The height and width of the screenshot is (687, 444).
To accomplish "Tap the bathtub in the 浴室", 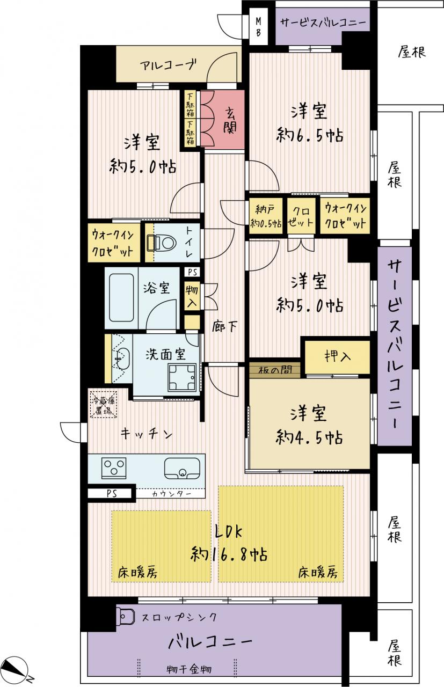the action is pos(121,298).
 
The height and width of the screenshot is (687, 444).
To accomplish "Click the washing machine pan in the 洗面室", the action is pos(182,377).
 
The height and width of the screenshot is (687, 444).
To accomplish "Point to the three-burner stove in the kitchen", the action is pos(114,468).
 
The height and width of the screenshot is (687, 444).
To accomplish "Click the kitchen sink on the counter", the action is pos(182,469).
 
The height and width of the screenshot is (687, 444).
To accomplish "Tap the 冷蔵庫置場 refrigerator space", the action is pos(104,405).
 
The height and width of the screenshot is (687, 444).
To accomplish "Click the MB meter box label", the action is pos(258,26).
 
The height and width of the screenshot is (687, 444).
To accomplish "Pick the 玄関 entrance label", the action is pos(230,119).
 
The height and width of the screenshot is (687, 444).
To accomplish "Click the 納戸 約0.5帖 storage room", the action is pos(266,216).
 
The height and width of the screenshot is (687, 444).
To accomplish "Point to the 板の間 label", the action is pos(275,370).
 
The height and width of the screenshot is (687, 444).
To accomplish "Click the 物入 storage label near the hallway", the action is pos(192,296).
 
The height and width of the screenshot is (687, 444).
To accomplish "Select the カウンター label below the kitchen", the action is pos(171,493).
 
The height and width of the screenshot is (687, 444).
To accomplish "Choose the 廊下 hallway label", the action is pos(225,327).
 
